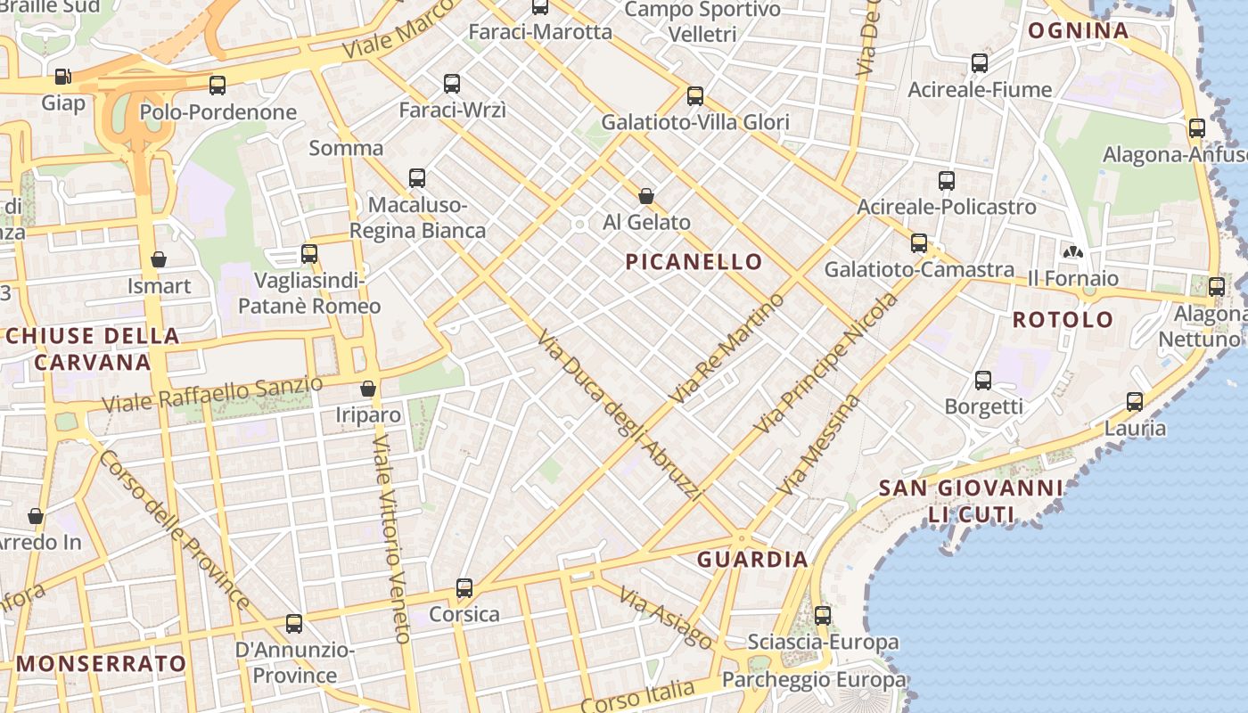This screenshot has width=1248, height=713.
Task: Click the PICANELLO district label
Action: (694, 261)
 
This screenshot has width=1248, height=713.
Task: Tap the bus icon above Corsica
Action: (464, 588)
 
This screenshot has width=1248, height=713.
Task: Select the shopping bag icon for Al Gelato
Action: (646, 196)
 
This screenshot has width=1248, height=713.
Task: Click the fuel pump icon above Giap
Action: (62, 78)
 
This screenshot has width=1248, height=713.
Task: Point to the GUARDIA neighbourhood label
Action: (752, 560)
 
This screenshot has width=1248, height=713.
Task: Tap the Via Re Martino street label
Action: (729, 348)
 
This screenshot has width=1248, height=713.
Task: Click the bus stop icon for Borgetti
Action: (983, 381)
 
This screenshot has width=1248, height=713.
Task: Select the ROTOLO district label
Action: (1063, 319)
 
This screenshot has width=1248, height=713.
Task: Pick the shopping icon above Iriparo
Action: (367, 389)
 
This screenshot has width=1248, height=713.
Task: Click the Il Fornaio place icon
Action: (1073, 252)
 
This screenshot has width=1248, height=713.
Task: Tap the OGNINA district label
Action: (1079, 31)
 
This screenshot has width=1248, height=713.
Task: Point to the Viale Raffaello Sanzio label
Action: (212, 394)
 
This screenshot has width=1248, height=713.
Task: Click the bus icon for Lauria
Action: (1135, 402)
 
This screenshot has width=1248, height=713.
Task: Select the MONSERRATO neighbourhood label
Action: (102, 663)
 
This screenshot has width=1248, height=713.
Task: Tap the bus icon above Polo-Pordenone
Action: (218, 86)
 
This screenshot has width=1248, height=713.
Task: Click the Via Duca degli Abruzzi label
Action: (621, 415)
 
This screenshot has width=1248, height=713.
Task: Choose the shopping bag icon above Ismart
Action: (159, 259)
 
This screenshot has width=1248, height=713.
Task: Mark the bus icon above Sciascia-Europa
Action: (823, 615)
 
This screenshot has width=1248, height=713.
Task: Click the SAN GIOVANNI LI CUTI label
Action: (971, 501)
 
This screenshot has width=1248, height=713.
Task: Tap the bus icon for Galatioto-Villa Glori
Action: (695, 96)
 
